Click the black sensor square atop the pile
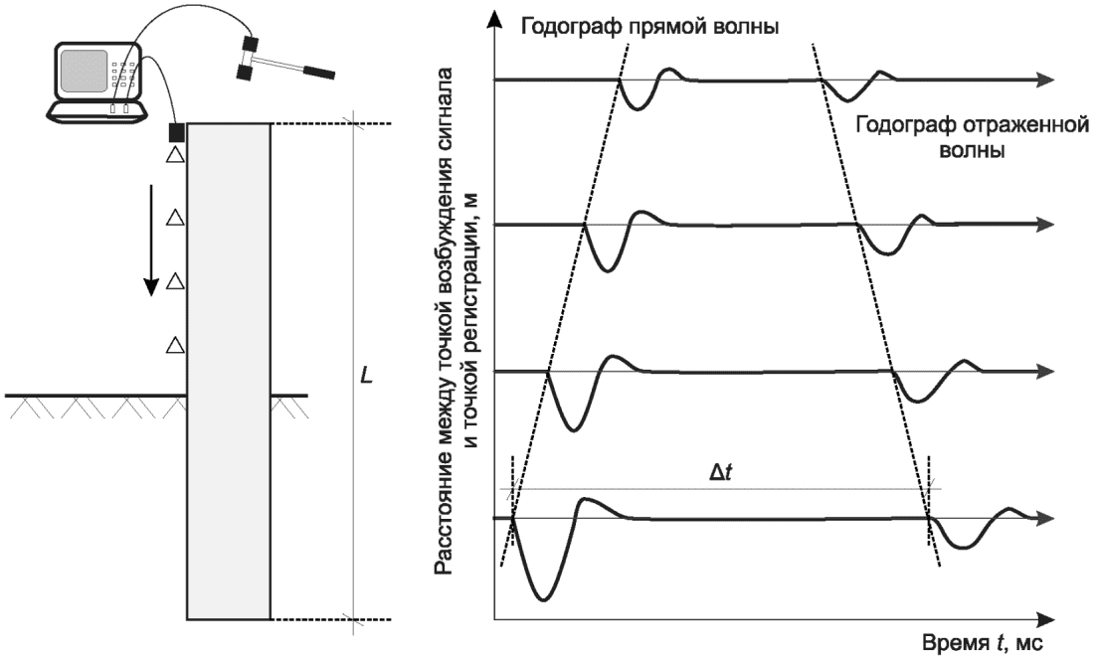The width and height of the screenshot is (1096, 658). pyautogui.click(x=176, y=131)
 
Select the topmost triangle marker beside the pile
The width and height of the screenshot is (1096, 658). pyautogui.click(x=175, y=155)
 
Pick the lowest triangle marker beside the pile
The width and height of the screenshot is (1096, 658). pyautogui.click(x=175, y=345)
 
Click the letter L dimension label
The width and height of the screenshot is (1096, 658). pyautogui.click(x=367, y=378)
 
